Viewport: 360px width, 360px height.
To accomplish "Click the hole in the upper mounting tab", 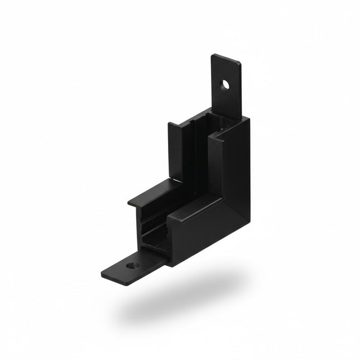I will (x=225, y=85).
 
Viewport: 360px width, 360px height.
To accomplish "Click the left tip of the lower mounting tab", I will (x=104, y=275).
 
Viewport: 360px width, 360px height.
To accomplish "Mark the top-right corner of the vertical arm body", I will (x=248, y=118).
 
